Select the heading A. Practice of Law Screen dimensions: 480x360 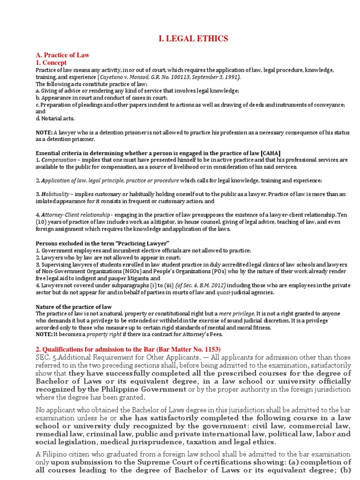pos(63,55)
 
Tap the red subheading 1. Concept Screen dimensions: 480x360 pos(51,62)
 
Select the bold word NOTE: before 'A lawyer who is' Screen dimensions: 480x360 pos(45,133)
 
